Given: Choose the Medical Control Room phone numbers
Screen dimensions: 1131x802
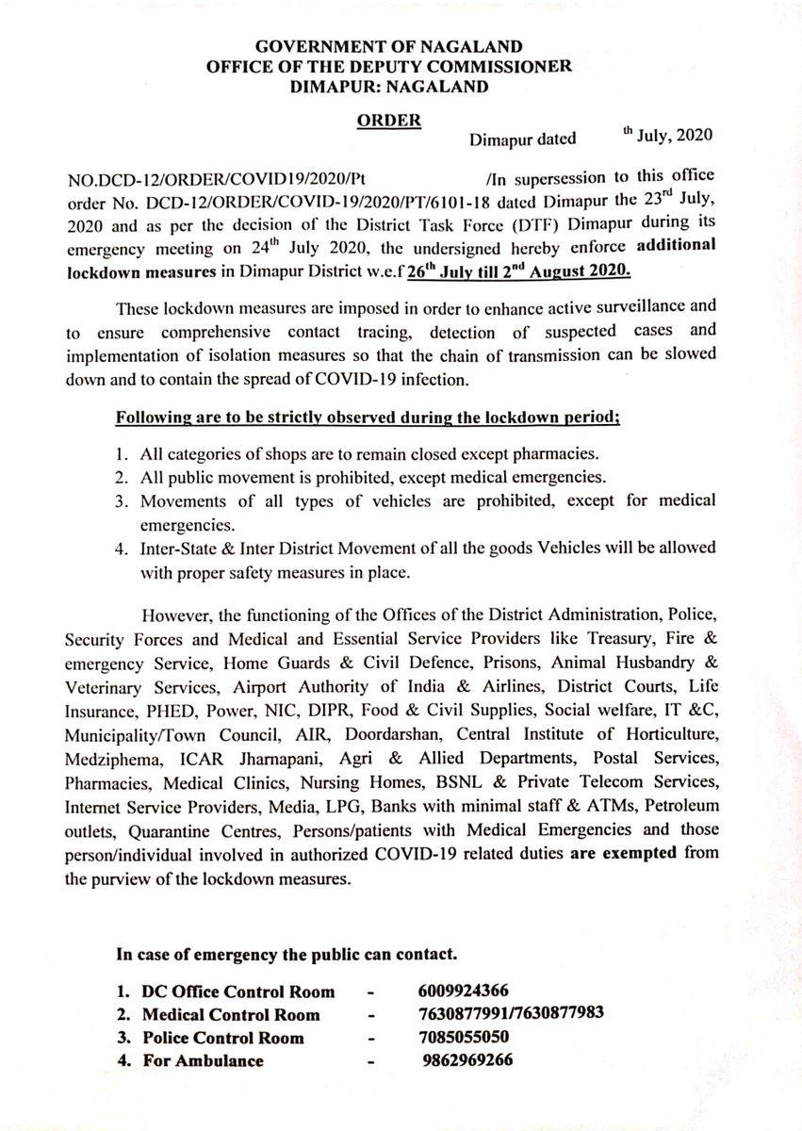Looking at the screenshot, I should [x=509, y=1015].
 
